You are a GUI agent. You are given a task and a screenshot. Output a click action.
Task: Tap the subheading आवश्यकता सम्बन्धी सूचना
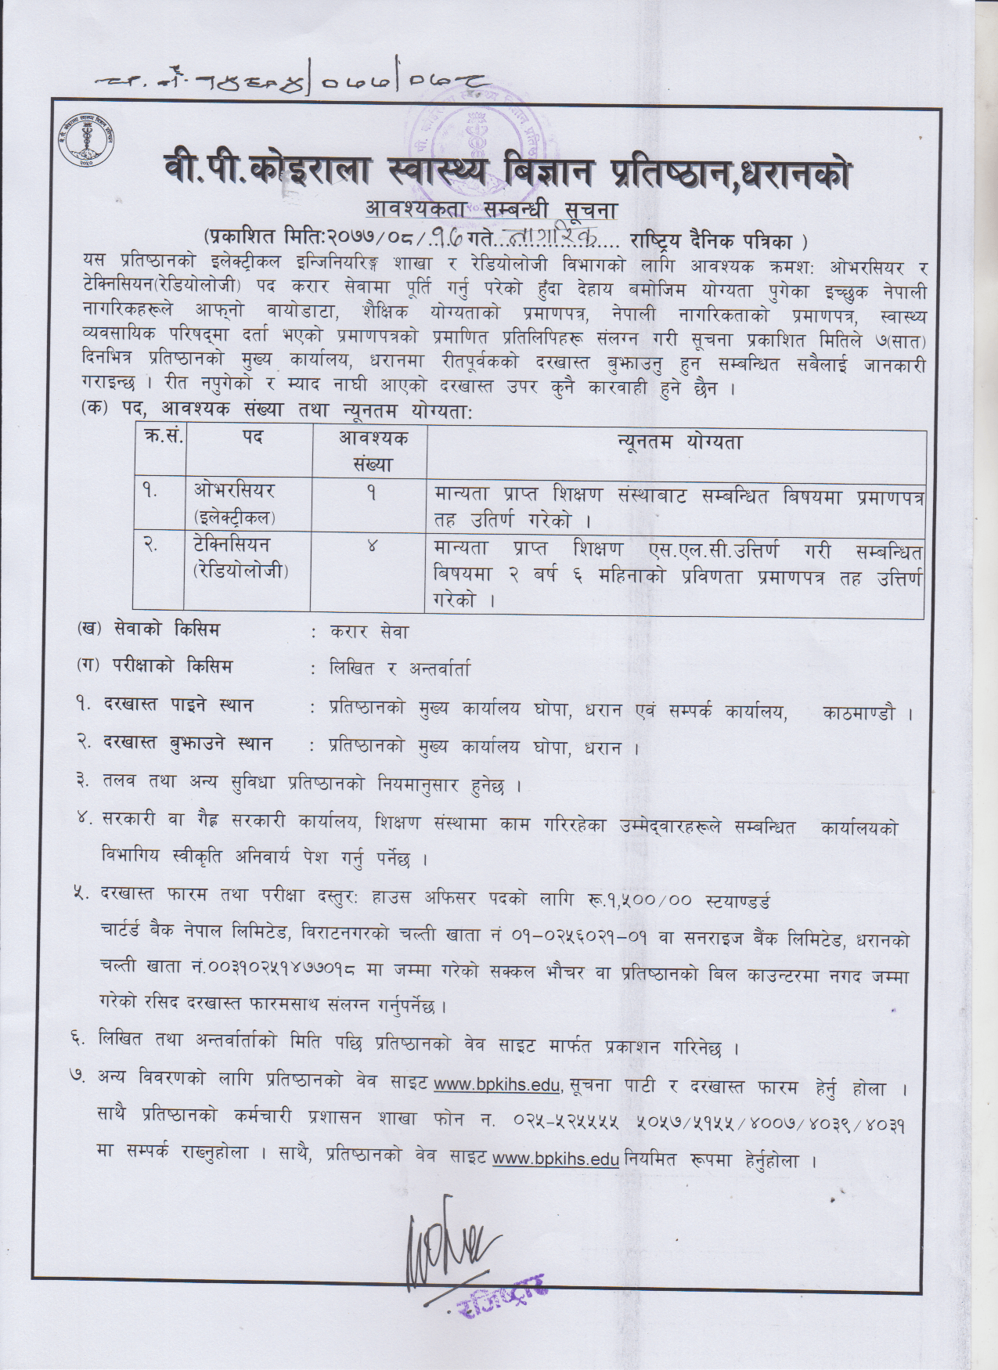click(x=492, y=210)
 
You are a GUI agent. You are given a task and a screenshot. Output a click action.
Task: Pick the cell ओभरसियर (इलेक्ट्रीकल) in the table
click(x=235, y=504)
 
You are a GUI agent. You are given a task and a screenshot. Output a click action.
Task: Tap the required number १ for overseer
click(x=371, y=494)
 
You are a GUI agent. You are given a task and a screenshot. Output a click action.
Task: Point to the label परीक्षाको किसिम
click(x=165, y=667)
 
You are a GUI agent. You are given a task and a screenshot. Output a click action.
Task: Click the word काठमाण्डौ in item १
click(x=858, y=713)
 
